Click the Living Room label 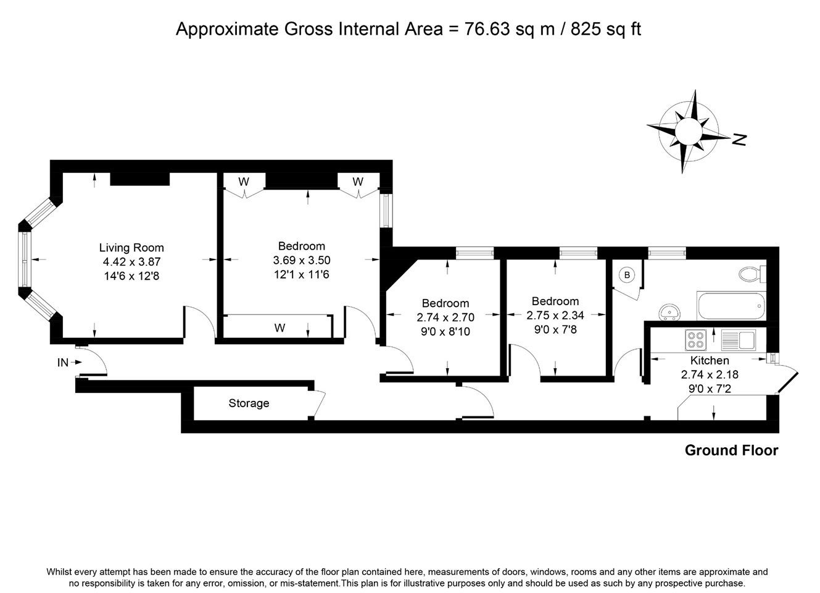click(131, 248)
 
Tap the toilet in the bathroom click(752, 274)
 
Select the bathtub click(731, 306)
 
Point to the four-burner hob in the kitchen click(695, 340)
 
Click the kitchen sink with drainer click(738, 340)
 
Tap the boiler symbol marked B click(627, 275)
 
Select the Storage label click(249, 403)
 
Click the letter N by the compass click(739, 140)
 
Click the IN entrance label click(62, 363)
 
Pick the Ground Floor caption click(731, 450)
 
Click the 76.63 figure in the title click(487, 29)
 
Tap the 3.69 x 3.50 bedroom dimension click(302, 260)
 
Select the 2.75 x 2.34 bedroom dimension click(555, 315)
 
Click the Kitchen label click(710, 360)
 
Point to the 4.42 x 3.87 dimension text click(132, 262)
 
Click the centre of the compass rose click(688, 132)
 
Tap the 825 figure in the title click(586, 29)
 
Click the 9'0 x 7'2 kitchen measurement click(710, 389)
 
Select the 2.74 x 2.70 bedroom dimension click(445, 317)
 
